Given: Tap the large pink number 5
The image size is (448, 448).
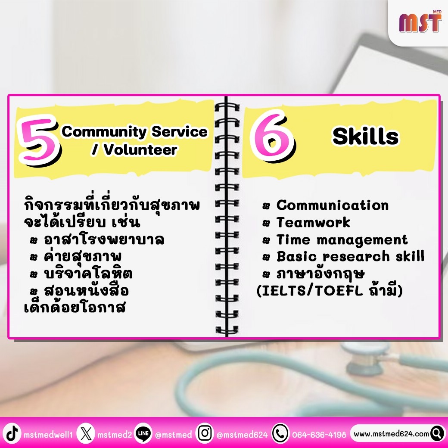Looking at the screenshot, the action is pyautogui.click(x=39, y=140).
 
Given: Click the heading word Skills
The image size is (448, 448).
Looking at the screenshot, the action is pyautogui.click(x=365, y=136).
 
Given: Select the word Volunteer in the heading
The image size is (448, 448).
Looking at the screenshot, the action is pyautogui.click(x=140, y=149).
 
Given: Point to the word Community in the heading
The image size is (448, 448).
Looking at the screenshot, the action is pyautogui.click(x=104, y=132).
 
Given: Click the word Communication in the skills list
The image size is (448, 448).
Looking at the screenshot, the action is pyautogui.click(x=333, y=205).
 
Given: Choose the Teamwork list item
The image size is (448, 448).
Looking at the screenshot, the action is pyautogui.click(x=313, y=222).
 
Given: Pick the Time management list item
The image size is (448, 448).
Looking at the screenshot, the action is pyautogui.click(x=342, y=240).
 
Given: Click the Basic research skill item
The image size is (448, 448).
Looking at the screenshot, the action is pyautogui.click(x=351, y=256).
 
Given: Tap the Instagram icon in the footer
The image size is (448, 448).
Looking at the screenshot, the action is pyautogui.click(x=205, y=433).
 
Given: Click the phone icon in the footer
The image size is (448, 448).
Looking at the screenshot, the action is pyautogui.click(x=280, y=434).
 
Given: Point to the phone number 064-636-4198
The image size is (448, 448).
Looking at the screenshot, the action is pyautogui.click(x=319, y=435).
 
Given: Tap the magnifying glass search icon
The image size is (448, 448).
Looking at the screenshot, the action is pyautogui.click(x=437, y=434).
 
